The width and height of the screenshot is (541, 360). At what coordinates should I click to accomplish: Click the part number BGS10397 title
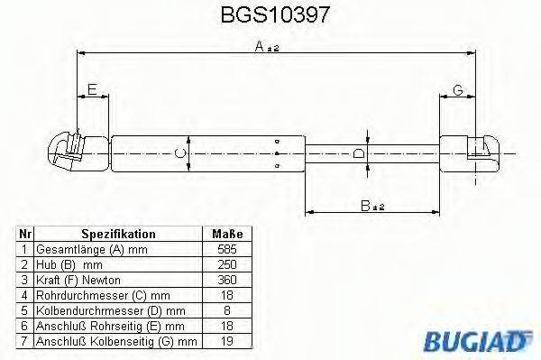point(270,15)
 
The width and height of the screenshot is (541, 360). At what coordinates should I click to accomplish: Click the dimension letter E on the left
point(92,88)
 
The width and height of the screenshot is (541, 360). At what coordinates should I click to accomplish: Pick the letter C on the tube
point(180,153)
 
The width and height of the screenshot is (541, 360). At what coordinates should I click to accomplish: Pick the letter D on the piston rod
point(359,154)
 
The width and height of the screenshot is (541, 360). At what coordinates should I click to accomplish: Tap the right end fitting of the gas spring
point(477,151)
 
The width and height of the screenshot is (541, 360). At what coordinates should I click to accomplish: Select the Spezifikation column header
point(118,233)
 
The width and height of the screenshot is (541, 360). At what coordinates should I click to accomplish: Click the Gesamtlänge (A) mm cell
point(90,248)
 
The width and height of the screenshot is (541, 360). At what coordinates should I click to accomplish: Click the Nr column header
point(24,233)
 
